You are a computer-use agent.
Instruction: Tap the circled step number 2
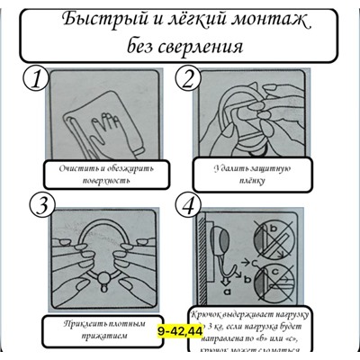point(187,80)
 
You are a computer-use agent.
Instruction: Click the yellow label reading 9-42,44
point(179,331)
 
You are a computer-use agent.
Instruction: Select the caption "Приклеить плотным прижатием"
point(92,328)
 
